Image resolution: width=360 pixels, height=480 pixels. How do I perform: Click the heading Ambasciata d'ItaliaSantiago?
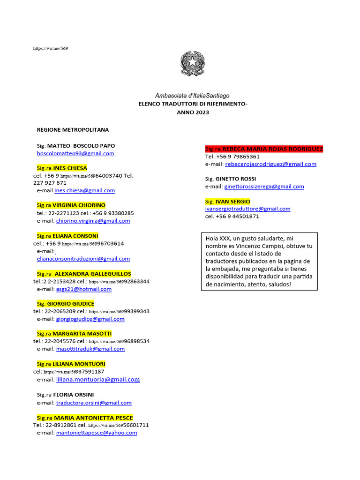coord(193,95)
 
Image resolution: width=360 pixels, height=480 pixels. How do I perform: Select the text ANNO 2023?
coord(193,112)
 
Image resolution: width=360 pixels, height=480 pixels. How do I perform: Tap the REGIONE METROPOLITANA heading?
coord(73,129)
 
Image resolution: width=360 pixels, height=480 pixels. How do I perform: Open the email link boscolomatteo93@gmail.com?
coord(75,153)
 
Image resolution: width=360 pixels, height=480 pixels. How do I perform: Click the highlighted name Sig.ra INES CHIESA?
coord(62,168)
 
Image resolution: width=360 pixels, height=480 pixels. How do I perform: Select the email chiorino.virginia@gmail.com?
coord(93,220)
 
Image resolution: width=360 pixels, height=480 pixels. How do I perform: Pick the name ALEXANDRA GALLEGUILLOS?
coord(93,274)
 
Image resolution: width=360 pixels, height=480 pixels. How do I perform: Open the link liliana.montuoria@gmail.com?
coord(98,379)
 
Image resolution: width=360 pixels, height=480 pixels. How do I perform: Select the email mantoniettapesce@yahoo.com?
coord(97,433)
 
